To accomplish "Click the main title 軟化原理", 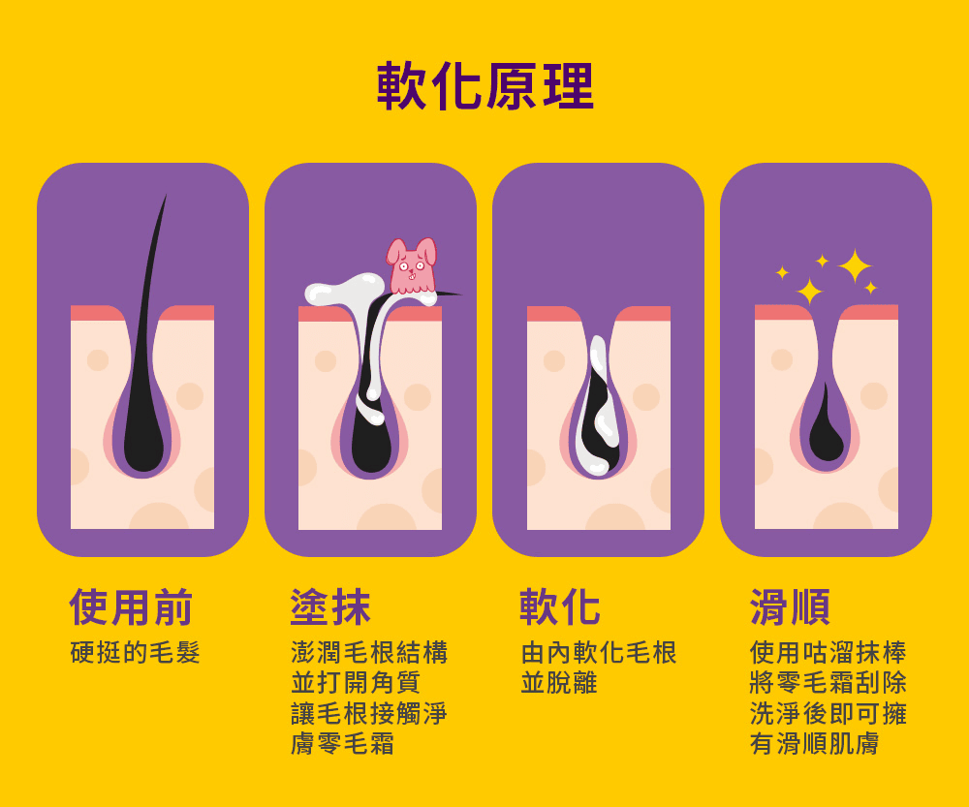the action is click(x=485, y=86).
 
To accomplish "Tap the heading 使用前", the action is click(x=131, y=606).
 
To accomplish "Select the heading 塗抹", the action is click(x=330, y=606).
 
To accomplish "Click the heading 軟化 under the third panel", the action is click(x=560, y=606).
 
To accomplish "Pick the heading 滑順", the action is click(x=790, y=606).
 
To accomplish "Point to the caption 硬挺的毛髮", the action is click(x=136, y=653).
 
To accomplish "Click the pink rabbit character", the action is click(x=411, y=266).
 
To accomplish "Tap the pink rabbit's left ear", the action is click(x=395, y=251).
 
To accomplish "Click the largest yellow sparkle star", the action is click(x=855, y=266).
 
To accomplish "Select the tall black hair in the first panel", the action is click(x=146, y=371).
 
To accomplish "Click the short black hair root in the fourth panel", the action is click(x=826, y=426).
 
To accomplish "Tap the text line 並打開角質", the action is click(x=356, y=683).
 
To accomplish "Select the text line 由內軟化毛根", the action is click(x=599, y=653).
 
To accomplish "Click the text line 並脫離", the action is click(x=559, y=683).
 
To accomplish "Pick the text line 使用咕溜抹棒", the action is click(x=828, y=653).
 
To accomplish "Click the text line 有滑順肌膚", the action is click(x=815, y=743).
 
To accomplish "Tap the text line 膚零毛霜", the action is click(x=342, y=743).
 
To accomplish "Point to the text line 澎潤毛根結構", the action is click(x=369, y=653).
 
